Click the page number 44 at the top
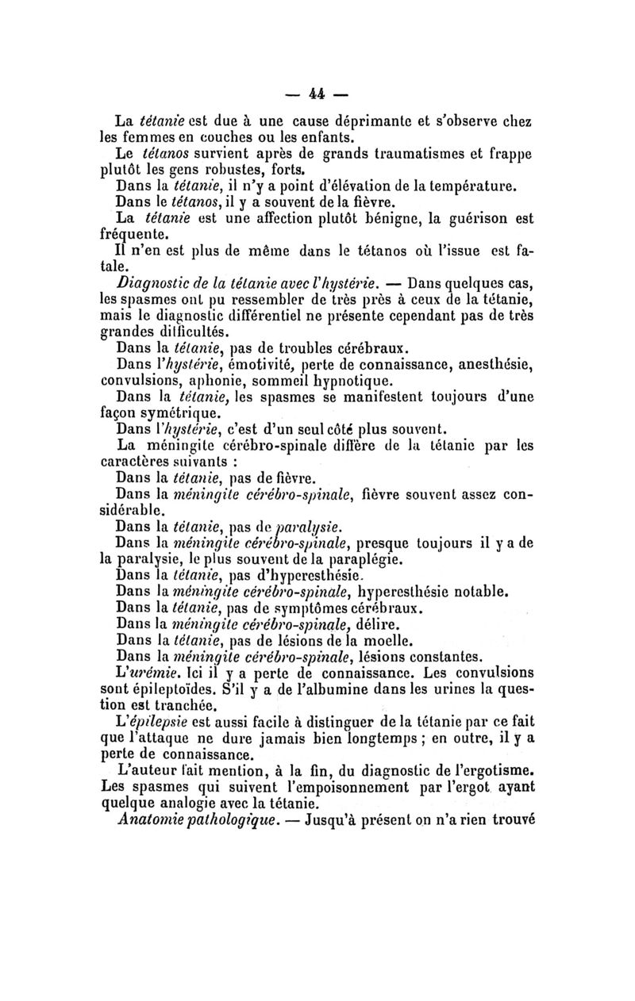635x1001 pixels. (317, 94)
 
